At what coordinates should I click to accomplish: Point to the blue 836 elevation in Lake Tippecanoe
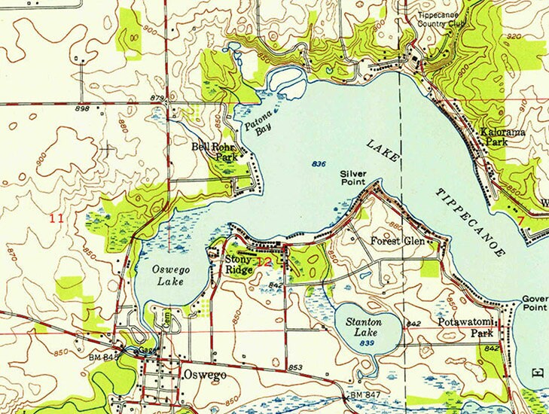[x=319, y=163]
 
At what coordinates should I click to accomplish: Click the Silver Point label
[x=352, y=178]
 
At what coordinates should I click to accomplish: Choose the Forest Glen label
[x=397, y=241]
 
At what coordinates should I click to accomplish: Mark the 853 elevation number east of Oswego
[x=294, y=367]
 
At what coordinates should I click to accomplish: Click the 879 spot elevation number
[x=157, y=99]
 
